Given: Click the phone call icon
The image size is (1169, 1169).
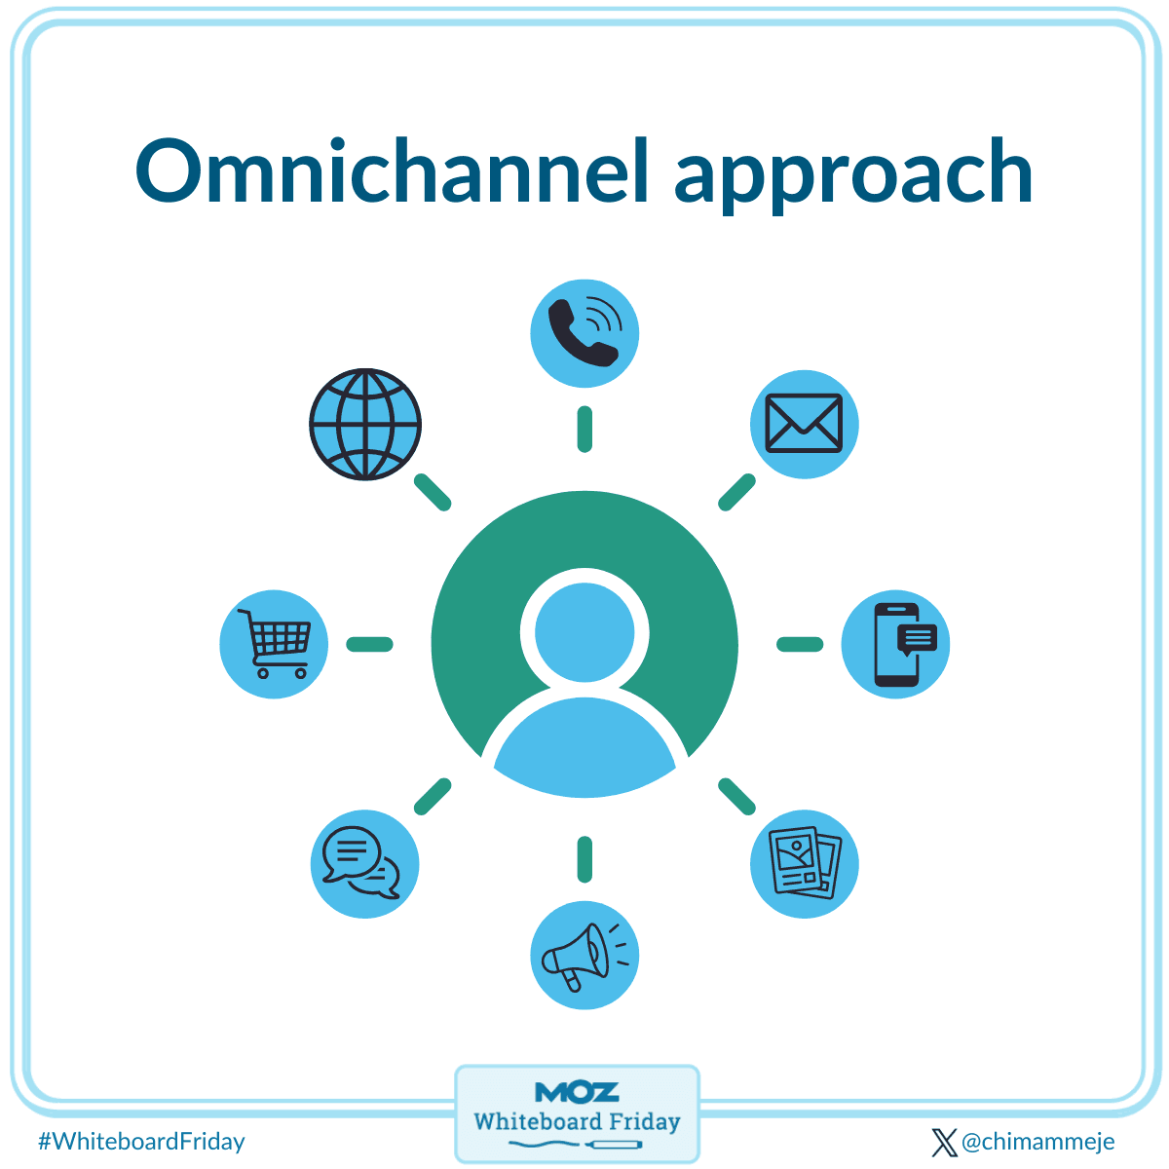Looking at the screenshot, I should point(584,333).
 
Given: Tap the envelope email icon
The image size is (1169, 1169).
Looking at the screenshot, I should point(804,424).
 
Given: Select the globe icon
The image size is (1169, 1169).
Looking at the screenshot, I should point(365,424).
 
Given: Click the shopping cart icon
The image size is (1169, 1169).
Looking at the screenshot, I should point(274,644).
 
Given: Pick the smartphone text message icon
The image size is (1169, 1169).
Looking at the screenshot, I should point(895,644).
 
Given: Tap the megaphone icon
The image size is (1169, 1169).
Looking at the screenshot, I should point(584,956).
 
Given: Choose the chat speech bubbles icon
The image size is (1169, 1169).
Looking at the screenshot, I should point(364,864).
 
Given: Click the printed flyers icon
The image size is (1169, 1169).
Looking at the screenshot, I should point(804,864).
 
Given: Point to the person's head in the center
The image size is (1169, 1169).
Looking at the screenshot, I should point(584,628).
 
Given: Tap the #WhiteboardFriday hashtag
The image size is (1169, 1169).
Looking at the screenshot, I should point(141,1141).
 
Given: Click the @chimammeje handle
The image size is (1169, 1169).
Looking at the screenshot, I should point(1037,1141).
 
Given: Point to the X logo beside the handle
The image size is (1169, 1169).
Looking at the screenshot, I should point(944,1142).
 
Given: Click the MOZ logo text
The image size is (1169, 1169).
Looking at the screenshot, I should point(577,1091).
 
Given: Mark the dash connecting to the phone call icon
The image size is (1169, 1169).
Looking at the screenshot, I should point(584,430).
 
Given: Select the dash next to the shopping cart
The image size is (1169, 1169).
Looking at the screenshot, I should point(370,644).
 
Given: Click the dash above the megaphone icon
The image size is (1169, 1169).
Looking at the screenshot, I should point(584,858).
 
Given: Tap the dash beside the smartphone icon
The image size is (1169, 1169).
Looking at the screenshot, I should point(800,644).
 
